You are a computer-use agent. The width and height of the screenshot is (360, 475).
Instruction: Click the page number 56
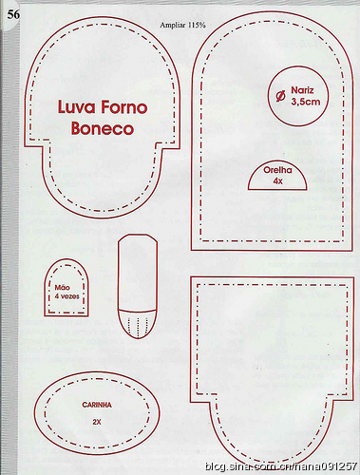tap(13, 14)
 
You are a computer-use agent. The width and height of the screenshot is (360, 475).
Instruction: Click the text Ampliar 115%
tap(182, 26)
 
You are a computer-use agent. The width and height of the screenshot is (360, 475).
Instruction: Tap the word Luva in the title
tap(76, 107)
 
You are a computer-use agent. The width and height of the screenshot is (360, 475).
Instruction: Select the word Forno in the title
tap(123, 107)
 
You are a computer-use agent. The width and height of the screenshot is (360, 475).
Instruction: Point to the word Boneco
tap(103, 128)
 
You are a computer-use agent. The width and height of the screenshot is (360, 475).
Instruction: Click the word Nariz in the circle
tap(302, 90)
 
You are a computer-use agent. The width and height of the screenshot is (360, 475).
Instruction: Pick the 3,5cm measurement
tap(306, 102)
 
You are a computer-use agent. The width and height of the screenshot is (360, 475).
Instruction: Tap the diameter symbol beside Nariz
tap(281, 97)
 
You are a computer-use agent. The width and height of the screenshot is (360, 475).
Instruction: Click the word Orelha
tap(277, 170)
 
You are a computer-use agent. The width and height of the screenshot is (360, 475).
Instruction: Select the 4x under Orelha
tap(277, 181)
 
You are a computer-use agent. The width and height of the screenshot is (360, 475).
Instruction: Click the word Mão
tap(63, 288)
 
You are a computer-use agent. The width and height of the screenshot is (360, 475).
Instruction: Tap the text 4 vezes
tap(66, 296)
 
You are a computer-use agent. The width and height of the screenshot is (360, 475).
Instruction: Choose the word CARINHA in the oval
tap(97, 405)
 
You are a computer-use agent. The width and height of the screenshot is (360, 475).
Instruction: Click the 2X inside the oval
tap(97, 422)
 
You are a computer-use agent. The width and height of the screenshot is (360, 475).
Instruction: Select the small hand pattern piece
tap(66, 288)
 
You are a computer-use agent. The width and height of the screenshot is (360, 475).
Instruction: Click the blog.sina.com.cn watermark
tap(281, 466)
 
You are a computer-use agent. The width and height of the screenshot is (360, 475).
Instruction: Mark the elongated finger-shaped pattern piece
tap(138, 286)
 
